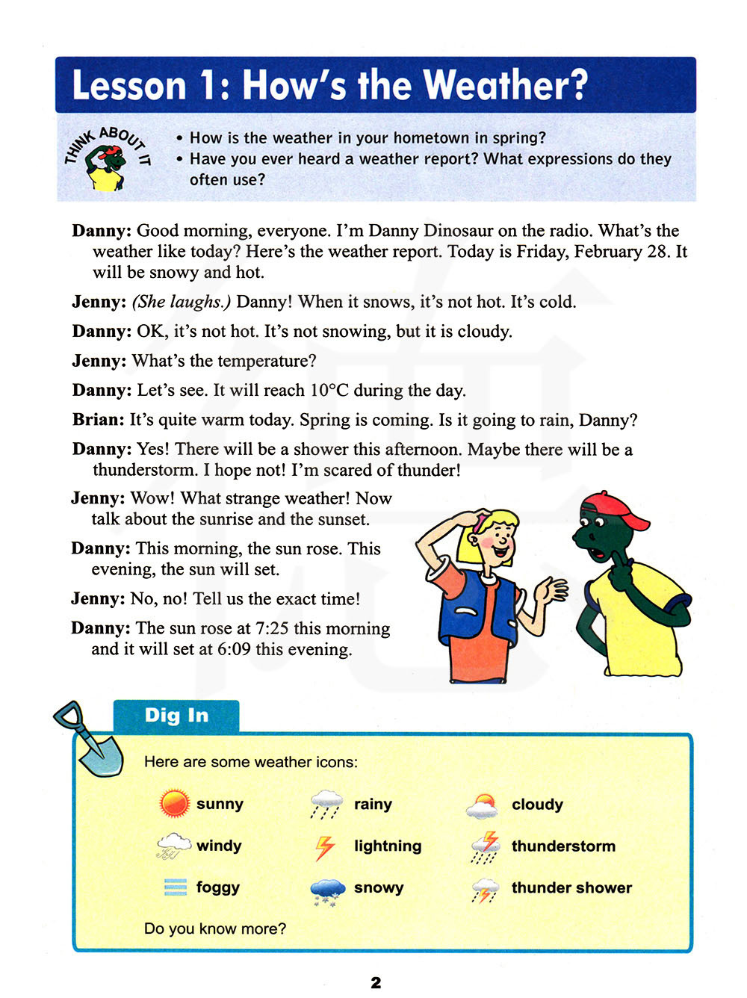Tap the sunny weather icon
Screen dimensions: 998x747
(175, 804)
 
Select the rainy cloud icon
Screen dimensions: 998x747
(326, 805)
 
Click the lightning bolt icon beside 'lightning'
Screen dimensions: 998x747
(325, 847)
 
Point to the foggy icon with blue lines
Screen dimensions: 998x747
(176, 887)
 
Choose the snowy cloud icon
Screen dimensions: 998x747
(327, 890)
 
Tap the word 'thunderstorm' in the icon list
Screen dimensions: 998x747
(563, 846)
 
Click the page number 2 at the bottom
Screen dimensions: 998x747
(376, 982)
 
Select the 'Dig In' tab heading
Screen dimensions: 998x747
(176, 716)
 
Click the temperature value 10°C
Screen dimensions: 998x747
(329, 391)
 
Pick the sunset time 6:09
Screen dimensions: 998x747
(234, 649)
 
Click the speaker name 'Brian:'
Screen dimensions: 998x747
(99, 420)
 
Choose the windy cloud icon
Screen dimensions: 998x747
(174, 846)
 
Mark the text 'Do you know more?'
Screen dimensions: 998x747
(215, 929)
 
